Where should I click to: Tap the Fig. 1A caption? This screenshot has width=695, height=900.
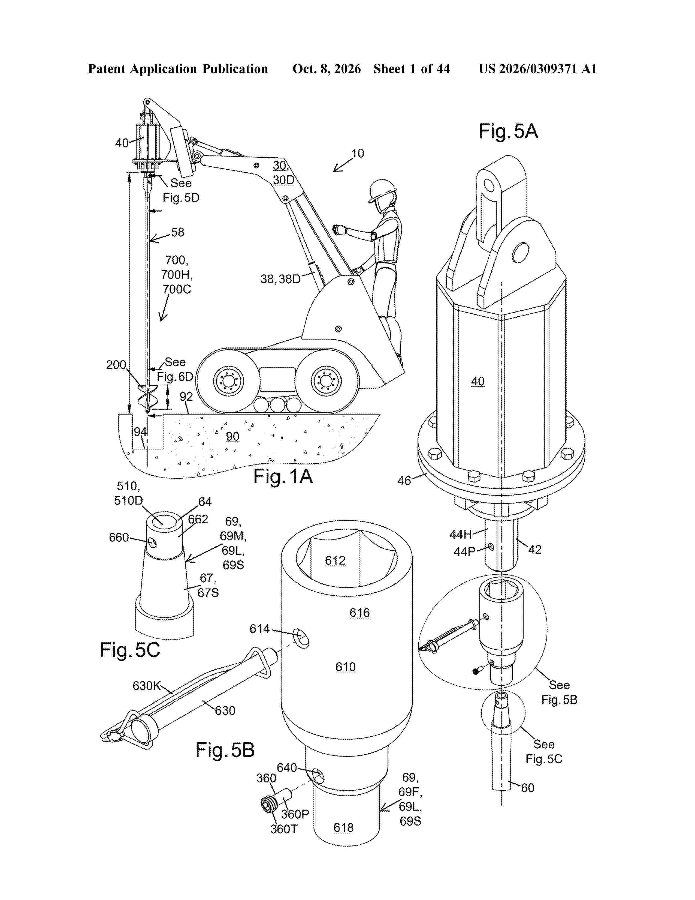click(283, 477)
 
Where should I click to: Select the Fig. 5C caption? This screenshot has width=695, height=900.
click(130, 650)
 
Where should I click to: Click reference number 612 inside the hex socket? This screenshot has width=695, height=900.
click(335, 560)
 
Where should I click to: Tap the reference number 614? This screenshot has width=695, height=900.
click(259, 629)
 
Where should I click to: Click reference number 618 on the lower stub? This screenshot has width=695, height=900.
click(344, 828)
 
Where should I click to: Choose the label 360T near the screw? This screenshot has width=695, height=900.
click(284, 829)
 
